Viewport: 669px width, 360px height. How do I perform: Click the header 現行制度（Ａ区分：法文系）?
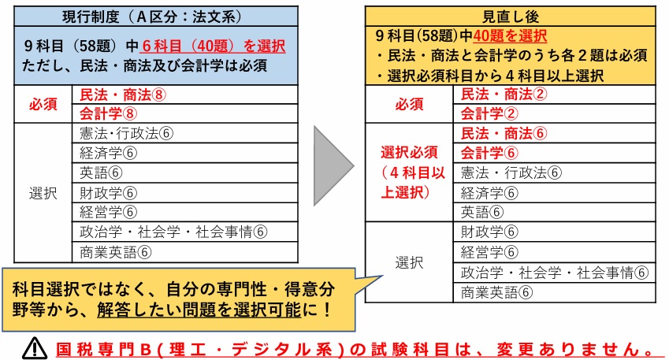coord(156,16)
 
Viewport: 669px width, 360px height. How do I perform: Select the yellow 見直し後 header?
coord(512,16)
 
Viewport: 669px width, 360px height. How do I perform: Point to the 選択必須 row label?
coord(410,152)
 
